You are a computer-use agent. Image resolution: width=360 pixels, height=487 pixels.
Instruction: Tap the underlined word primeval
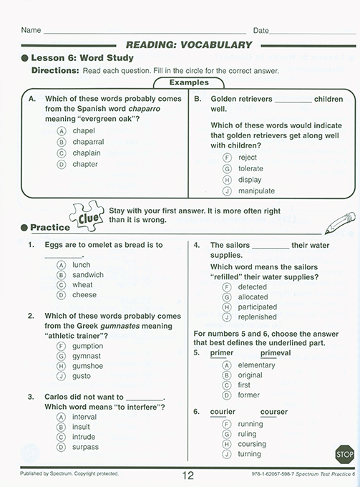pyautogui.click(x=275, y=353)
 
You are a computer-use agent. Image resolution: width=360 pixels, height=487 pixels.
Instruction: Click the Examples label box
pyautogui.click(x=188, y=82)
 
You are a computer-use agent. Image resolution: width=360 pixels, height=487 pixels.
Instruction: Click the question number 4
pyautogui.click(x=197, y=245)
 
